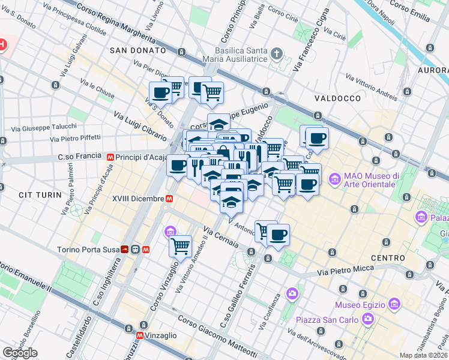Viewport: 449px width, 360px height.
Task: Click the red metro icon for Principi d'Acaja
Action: pyautogui.click(x=110, y=157)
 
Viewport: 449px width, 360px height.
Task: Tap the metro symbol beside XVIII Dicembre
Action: pyautogui.click(x=170, y=198)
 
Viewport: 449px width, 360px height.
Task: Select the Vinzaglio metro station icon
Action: pyautogui.click(x=140, y=336)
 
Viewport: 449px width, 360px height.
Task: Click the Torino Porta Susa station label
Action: pyautogui.click(x=87, y=250)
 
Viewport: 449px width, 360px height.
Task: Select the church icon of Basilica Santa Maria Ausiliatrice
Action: pyautogui.click(x=276, y=54)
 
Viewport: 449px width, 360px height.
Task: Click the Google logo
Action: pyautogui.click(x=20, y=353)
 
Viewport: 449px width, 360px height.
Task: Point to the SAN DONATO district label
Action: pyautogui.click(x=134, y=51)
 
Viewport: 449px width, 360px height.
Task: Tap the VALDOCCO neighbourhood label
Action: pyautogui.click(x=337, y=98)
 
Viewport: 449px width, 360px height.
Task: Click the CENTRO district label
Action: pyautogui.click(x=388, y=258)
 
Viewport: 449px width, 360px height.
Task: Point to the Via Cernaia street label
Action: pyautogui.click(x=221, y=237)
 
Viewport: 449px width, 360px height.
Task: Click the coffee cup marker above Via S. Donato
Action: pyautogui.click(x=161, y=93)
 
